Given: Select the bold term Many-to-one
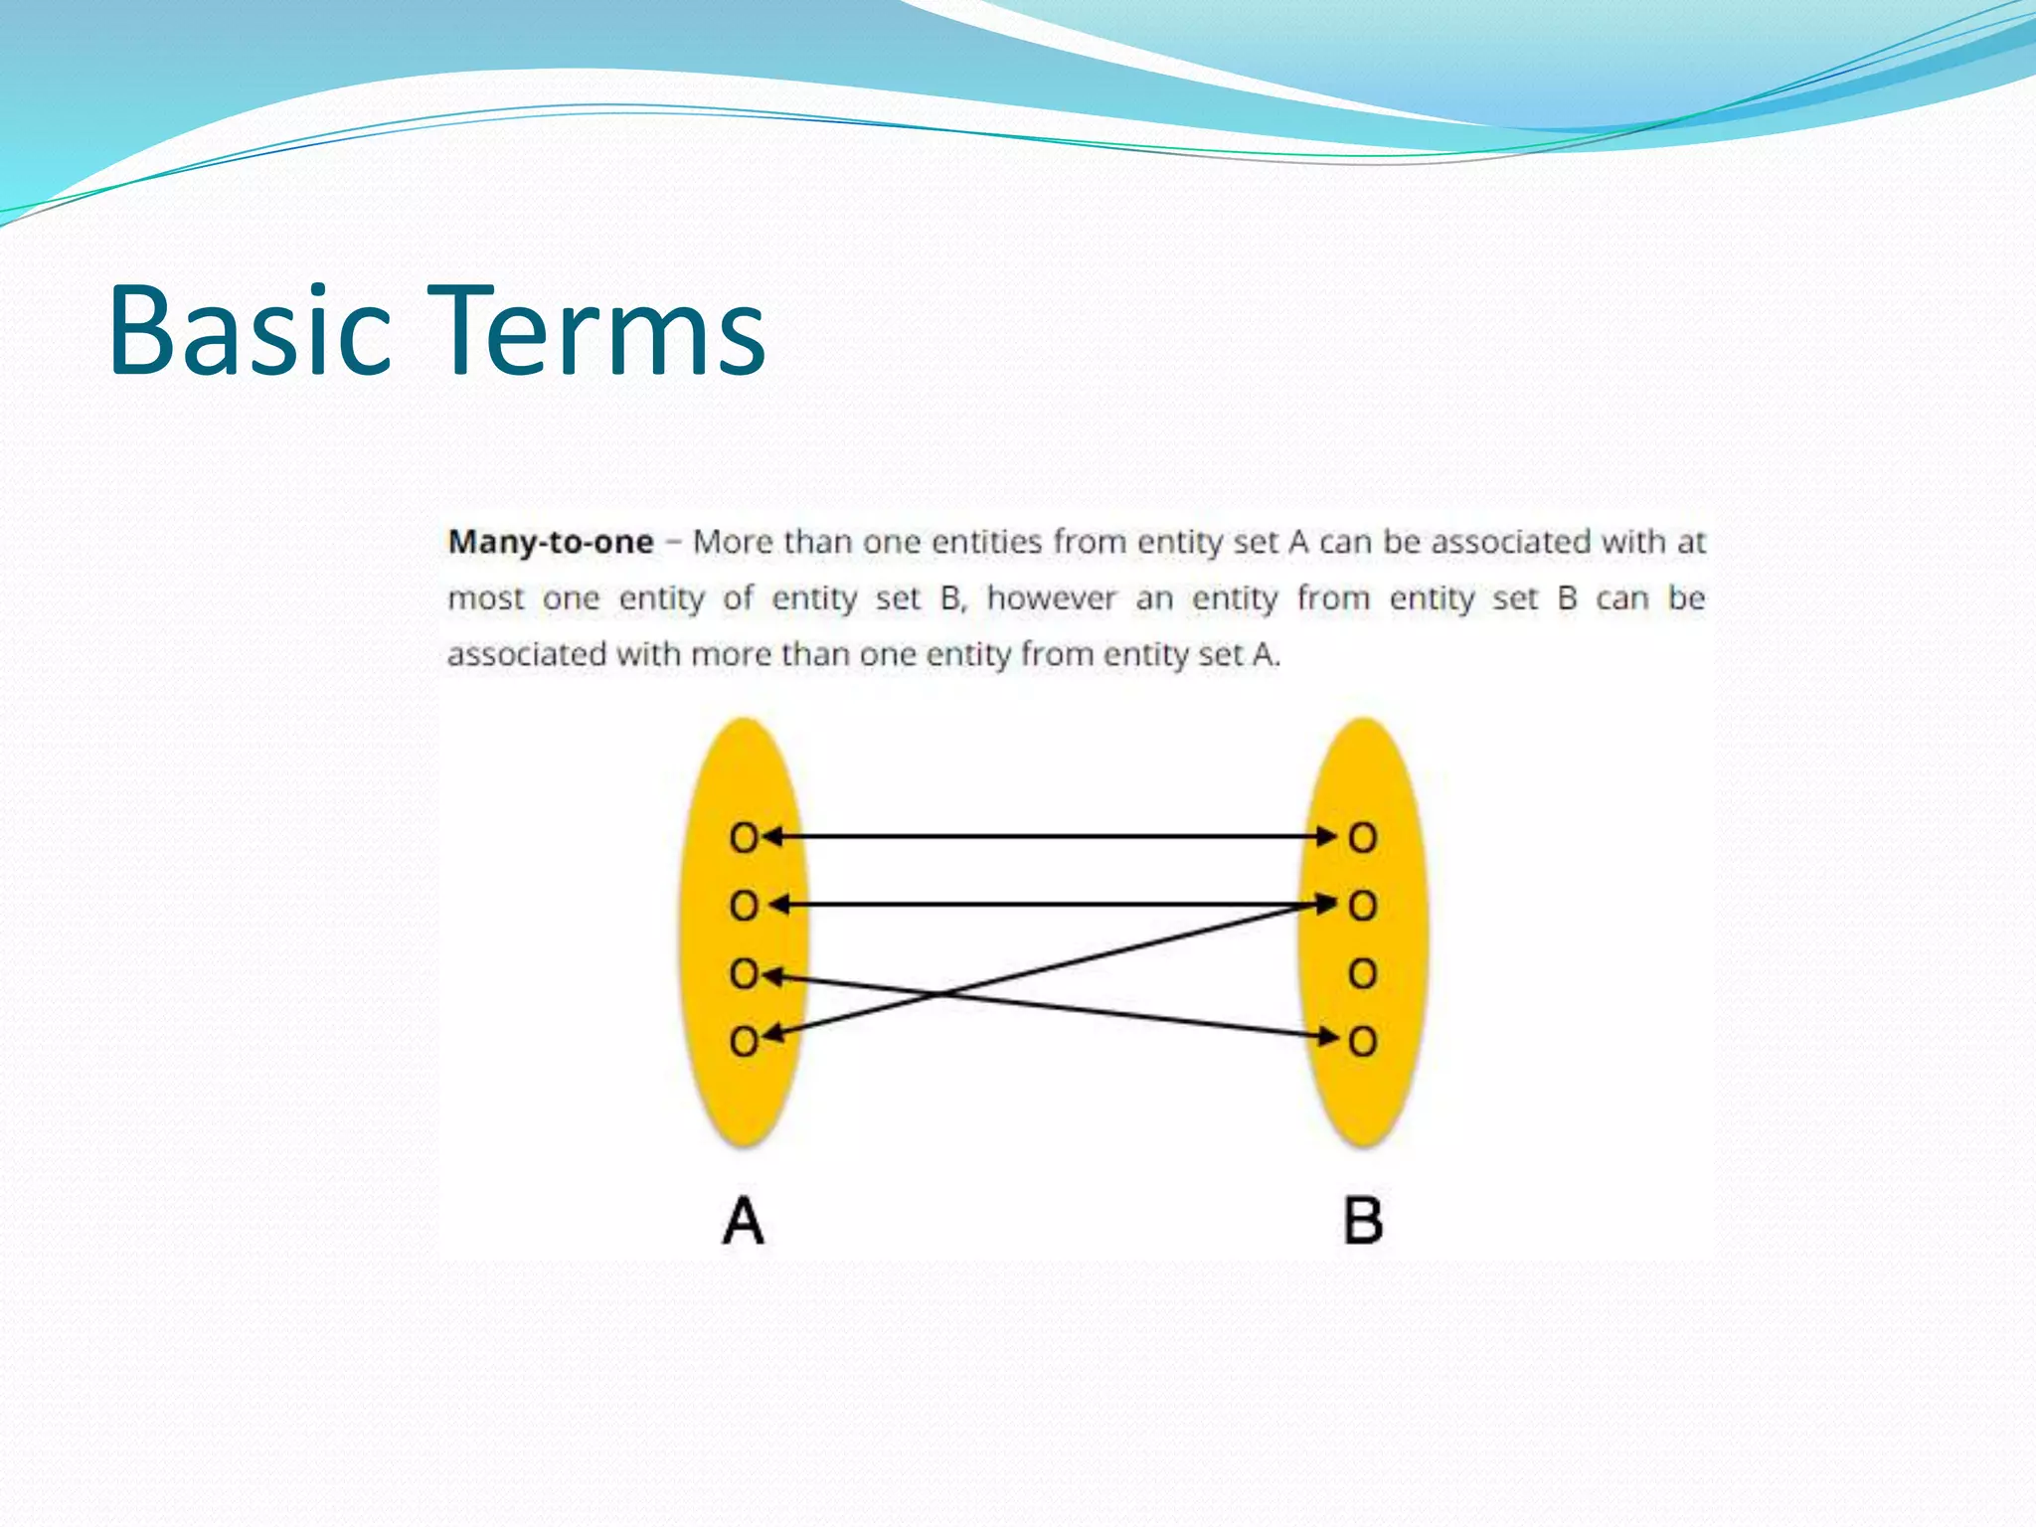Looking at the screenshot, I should coord(551,542).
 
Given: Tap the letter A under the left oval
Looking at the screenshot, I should coord(743,1221).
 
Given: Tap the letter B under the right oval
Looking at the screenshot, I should coord(1363,1221).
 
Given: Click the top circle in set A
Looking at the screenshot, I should coord(743,838).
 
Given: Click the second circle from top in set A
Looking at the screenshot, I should coord(743,906).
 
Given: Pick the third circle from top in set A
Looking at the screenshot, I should coord(743,973).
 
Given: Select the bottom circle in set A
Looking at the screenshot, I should coord(743,1042).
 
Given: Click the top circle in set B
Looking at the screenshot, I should coord(1363,838).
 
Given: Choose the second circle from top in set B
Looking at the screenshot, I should coord(1363,906).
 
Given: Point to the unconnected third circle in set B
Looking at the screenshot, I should coord(1363,973).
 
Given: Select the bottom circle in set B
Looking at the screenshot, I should coord(1363,1042).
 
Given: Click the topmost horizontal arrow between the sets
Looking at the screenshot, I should coord(1052,837).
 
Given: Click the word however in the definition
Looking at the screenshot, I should coord(1051,598).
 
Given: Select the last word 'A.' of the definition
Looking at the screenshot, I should coord(1266,655).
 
